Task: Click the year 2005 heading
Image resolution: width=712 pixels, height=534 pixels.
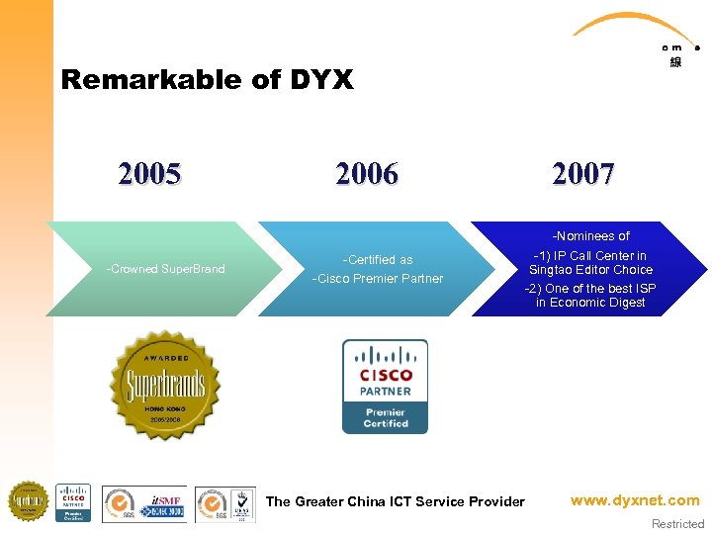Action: [x=149, y=175]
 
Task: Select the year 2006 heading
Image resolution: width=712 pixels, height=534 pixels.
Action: [x=367, y=175]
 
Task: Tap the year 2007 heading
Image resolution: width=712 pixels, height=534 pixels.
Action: [x=584, y=175]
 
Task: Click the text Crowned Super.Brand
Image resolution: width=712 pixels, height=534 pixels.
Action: [x=165, y=269]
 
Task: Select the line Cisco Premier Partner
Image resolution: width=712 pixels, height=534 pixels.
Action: [x=378, y=278]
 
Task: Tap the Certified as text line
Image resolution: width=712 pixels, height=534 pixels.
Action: [x=378, y=260]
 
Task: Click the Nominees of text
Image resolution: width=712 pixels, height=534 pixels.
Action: [x=590, y=236]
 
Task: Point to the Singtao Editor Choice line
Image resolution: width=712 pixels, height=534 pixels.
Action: [x=590, y=270]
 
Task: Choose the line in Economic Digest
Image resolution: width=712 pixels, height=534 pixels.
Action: [x=590, y=303]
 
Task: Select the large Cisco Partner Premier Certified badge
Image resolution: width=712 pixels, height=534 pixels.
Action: [x=385, y=386]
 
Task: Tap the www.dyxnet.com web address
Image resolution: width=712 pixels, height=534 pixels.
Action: [x=635, y=500]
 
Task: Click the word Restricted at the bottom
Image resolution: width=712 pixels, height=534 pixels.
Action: [x=677, y=524]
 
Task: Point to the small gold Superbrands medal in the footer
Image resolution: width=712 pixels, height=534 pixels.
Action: [x=28, y=502]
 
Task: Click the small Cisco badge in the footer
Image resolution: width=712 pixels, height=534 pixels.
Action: [x=73, y=502]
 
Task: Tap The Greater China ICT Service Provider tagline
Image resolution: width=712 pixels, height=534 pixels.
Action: [x=396, y=501]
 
